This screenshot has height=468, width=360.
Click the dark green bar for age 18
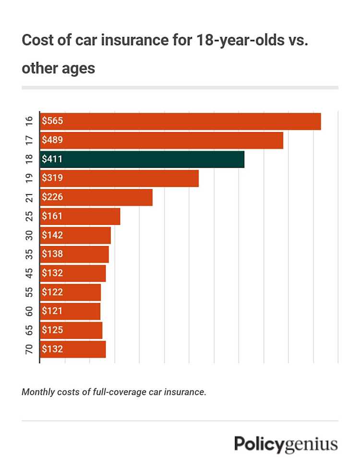click(x=142, y=159)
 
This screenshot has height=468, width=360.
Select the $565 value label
click(x=52, y=121)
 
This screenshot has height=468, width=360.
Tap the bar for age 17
click(x=161, y=140)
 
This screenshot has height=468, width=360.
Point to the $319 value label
click(x=52, y=178)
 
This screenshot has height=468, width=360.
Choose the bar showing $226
click(x=96, y=197)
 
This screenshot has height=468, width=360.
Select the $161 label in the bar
click(x=52, y=216)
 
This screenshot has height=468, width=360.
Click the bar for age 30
click(x=75, y=235)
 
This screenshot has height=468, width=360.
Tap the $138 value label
click(x=52, y=254)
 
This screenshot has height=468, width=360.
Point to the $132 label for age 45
click(x=52, y=273)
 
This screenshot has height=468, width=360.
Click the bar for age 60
click(x=70, y=311)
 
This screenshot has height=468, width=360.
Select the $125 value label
click(x=52, y=330)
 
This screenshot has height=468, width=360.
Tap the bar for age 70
click(x=73, y=349)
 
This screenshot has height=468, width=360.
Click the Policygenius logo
click(x=286, y=444)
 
